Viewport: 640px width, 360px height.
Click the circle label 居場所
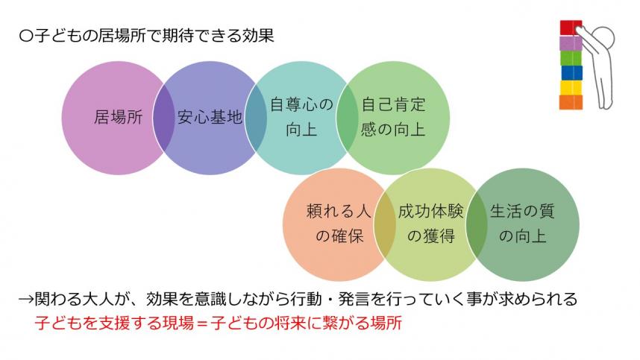(113, 118)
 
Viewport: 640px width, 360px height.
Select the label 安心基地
(210, 118)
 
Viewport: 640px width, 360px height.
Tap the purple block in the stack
(571, 42)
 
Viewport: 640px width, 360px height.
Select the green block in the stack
(571, 57)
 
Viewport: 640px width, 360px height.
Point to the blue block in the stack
(571, 72)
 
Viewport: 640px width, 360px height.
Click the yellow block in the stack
(571, 87)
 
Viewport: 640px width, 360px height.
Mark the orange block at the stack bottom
(571, 102)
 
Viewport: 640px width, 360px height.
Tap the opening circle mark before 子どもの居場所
(26, 35)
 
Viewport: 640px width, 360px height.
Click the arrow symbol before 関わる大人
(27, 300)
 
